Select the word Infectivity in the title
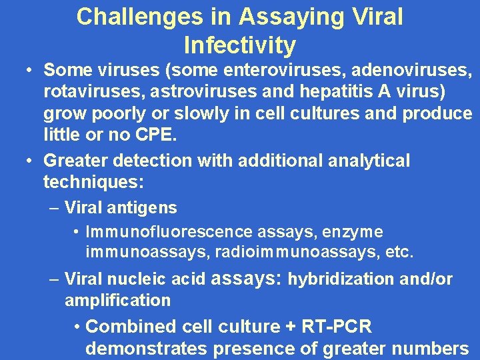pyautogui.click(x=239, y=45)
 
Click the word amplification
pyautogui.click(x=117, y=300)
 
